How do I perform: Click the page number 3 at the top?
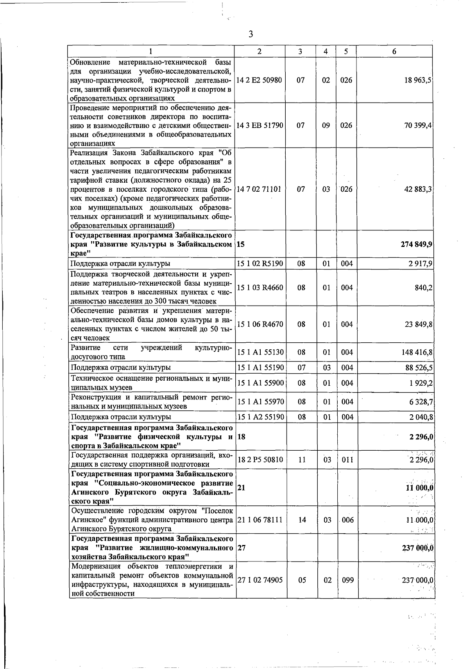[x=251, y=35]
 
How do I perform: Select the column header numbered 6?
[x=394, y=52]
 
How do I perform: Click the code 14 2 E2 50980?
[x=260, y=80]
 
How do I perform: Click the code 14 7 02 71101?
[x=260, y=189]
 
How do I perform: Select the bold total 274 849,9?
[x=416, y=244]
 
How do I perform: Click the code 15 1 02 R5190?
[x=260, y=264]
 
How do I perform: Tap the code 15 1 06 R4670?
[x=260, y=324]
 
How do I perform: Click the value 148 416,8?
[x=417, y=352]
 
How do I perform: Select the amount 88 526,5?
[x=418, y=368]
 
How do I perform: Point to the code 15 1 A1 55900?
[x=260, y=383]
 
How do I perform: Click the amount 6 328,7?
[x=421, y=402]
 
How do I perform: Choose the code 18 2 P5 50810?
[x=260, y=460]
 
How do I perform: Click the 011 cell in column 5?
[x=346, y=460]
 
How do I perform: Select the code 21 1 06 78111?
[x=260, y=520]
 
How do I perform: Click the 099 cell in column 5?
[x=346, y=580]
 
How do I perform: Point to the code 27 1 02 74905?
[x=260, y=580]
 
